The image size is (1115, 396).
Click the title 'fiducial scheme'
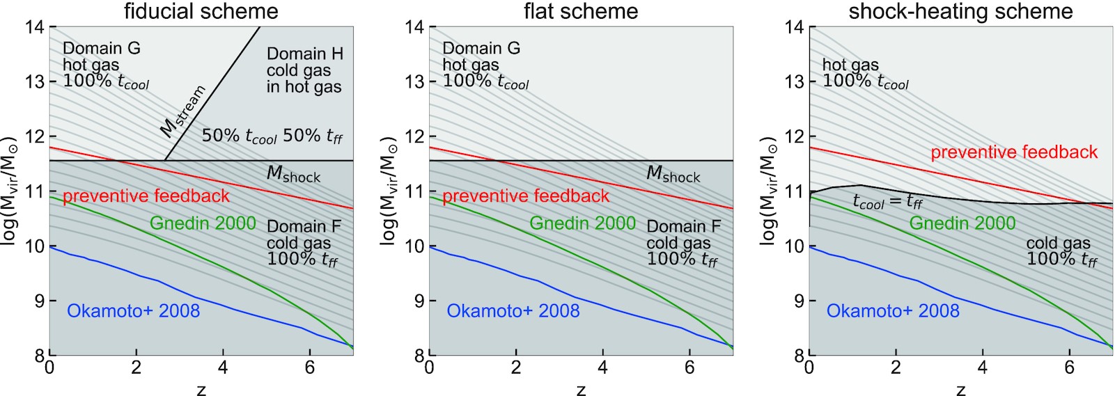click(x=201, y=11)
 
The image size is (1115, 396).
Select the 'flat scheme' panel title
click(x=581, y=11)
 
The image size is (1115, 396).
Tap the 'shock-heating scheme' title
click(x=960, y=11)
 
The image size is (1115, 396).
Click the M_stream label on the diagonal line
click(x=182, y=111)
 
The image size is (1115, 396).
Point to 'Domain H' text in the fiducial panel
click(x=304, y=54)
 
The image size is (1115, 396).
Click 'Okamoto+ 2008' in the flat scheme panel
click(x=513, y=311)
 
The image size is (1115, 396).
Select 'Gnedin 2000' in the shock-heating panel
click(x=962, y=223)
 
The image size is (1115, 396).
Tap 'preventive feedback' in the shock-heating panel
click(x=1014, y=152)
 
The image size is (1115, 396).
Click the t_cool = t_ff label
click(x=888, y=202)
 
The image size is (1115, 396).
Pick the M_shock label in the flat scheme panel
click(x=673, y=174)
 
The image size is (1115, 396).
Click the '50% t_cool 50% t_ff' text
click(x=272, y=136)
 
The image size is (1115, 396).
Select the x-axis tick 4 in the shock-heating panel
click(x=983, y=367)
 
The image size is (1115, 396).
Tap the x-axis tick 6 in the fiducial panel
click(x=310, y=367)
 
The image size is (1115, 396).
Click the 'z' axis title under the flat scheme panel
click(x=581, y=390)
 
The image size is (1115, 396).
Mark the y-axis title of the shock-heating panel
click(x=768, y=191)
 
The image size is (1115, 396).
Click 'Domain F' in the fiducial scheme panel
click(x=304, y=226)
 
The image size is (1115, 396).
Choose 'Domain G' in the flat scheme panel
click(x=481, y=48)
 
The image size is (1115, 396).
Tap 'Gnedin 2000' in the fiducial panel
click(x=203, y=223)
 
